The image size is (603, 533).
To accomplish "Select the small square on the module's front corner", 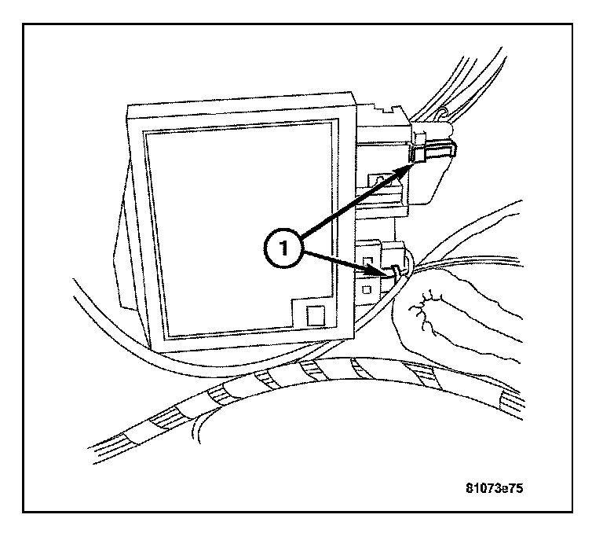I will [x=314, y=316].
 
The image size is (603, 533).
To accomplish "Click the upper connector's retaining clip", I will [x=419, y=155].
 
